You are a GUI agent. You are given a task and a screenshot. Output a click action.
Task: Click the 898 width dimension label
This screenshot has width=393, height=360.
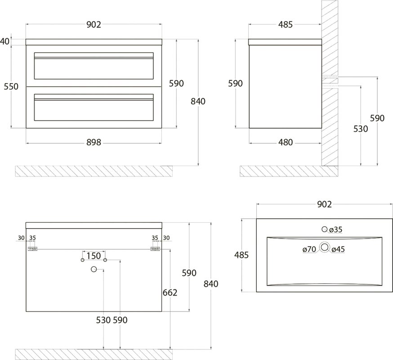click(94, 143)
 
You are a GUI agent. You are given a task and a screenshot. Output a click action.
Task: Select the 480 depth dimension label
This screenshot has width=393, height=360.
click(286, 143)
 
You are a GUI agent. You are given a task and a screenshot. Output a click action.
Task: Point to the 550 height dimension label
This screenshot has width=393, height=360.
click(11, 86)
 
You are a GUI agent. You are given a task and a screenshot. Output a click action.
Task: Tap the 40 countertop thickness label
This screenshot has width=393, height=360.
click(5, 41)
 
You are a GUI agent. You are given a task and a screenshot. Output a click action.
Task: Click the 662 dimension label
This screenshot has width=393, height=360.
click(170, 292)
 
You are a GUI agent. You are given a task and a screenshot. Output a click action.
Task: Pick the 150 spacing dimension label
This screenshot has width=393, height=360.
click(94, 256)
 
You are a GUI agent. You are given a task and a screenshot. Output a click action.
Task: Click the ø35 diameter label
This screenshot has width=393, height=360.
click(336, 229)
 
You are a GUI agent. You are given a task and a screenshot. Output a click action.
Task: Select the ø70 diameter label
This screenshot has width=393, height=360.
click(309, 249)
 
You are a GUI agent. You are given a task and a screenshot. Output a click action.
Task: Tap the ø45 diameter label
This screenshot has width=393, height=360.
click(338, 249)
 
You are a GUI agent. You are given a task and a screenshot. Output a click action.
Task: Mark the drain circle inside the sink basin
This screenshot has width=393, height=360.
click(325, 247)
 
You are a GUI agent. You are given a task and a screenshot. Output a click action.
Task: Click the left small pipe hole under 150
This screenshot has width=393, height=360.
click(82, 260)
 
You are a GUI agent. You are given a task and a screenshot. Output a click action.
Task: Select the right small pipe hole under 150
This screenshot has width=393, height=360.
click(105, 260)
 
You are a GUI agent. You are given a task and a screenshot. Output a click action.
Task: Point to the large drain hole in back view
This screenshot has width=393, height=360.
click(94, 270)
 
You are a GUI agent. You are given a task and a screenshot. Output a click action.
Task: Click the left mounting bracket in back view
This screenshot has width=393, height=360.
click(32, 248)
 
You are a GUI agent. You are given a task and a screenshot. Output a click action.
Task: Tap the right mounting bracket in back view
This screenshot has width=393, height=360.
click(155, 248)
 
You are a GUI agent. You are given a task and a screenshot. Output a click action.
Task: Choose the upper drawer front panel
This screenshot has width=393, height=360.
click(94, 66)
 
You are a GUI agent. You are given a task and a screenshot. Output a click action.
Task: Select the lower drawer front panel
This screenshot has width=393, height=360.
click(94, 108)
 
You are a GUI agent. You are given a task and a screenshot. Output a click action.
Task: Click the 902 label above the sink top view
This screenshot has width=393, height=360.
click(324, 204)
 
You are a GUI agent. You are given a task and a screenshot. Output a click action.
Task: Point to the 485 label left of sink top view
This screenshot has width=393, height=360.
click(241, 255)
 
